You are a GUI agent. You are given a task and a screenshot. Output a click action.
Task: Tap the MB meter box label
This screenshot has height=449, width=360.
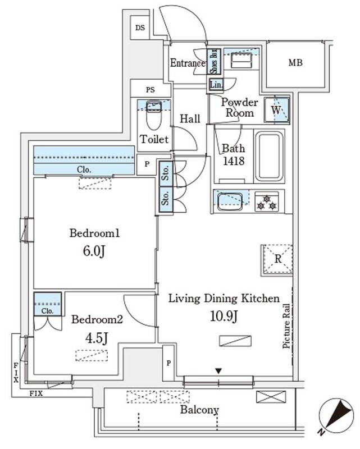click(x=295, y=63)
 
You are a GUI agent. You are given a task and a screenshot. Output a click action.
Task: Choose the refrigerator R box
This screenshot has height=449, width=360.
click(x=276, y=260)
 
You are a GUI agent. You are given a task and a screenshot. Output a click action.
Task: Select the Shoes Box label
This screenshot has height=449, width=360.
click(x=213, y=62)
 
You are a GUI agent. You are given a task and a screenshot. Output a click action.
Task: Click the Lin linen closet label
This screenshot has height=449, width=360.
click(x=216, y=85)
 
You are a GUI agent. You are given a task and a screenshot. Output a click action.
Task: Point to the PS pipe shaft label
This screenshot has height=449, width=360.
click(x=150, y=89)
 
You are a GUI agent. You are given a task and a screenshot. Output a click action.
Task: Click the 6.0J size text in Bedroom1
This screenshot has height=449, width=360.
click(x=94, y=251)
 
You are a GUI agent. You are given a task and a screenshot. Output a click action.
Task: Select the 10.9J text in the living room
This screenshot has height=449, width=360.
click(x=225, y=317)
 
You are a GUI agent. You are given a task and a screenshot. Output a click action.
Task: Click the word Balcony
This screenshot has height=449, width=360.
click(x=199, y=410)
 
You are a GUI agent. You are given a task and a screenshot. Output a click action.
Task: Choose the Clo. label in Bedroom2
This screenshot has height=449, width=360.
click(x=47, y=310)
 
